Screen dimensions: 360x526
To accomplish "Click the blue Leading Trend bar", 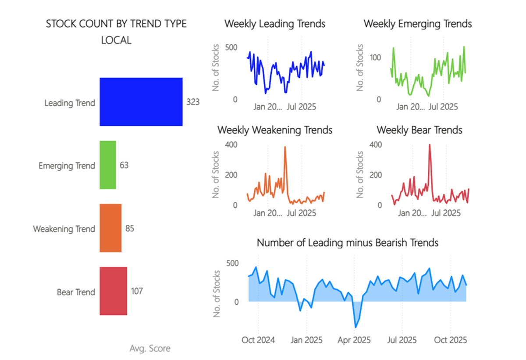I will [141, 102].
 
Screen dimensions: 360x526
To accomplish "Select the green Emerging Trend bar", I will [108, 165].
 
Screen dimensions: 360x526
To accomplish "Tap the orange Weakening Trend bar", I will [110, 228].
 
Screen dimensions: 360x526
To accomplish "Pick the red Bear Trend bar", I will [113, 291].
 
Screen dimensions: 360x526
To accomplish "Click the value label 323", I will [193, 102].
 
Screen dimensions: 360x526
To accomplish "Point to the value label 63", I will [124, 166].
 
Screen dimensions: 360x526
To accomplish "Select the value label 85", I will [130, 229].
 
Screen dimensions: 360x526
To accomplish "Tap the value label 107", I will [137, 291].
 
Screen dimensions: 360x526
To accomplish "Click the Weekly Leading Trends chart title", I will [275, 24].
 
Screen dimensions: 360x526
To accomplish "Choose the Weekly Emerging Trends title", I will [418, 24].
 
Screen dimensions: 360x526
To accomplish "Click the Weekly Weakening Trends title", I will [275, 130].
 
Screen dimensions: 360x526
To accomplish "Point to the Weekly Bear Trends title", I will [419, 130].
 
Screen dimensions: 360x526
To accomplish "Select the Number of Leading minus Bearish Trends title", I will [348, 242].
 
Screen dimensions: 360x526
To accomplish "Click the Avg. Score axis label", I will [150, 349].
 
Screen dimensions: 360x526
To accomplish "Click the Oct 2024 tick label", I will [259, 340].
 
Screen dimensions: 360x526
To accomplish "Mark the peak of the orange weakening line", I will [285, 147].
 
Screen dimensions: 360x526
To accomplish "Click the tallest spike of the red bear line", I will [430, 145].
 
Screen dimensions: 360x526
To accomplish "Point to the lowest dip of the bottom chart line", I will [355, 327].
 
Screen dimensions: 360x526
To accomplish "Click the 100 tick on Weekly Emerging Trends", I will [375, 57].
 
